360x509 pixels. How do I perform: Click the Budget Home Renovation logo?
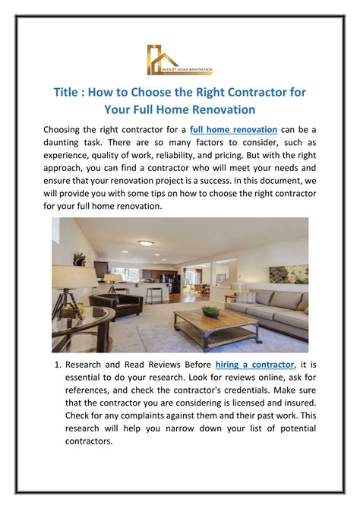(x=179, y=60)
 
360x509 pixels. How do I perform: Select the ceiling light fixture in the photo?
(x=147, y=243)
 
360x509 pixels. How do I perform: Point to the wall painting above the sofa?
(x=289, y=274)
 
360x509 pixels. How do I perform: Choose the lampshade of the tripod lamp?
(x=75, y=277)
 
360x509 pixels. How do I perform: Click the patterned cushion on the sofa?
(x=245, y=297)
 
